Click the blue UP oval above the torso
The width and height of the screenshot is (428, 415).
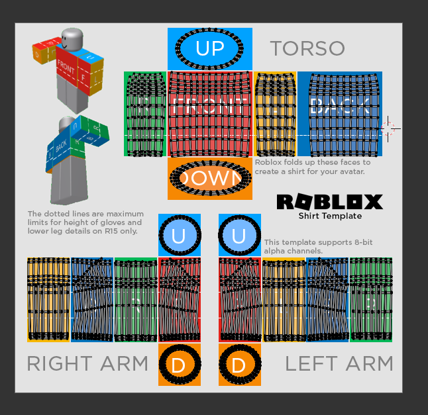tap(209, 48)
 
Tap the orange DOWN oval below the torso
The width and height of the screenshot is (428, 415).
tap(209, 178)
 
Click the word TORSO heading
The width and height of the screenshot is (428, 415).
tap(307, 48)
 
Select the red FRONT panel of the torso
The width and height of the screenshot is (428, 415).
tap(209, 113)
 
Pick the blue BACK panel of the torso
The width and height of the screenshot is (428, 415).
tap(339, 113)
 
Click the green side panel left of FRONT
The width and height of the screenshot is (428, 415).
tap(145, 113)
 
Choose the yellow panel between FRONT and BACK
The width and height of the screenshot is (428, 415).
tap(275, 113)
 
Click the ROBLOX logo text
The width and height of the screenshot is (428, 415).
tap(329, 202)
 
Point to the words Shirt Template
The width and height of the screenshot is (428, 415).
tap(329, 216)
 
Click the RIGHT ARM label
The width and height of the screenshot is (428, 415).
tap(87, 363)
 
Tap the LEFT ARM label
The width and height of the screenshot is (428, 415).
tap(339, 363)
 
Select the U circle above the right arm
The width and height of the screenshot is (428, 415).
tap(179, 236)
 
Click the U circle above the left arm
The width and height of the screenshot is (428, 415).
tap(239, 236)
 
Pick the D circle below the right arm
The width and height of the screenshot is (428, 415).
tap(179, 364)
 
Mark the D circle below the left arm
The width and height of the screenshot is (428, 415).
tap(239, 364)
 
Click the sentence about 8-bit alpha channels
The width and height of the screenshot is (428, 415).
tap(318, 247)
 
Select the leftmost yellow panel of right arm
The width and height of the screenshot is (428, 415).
tap(48, 299)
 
